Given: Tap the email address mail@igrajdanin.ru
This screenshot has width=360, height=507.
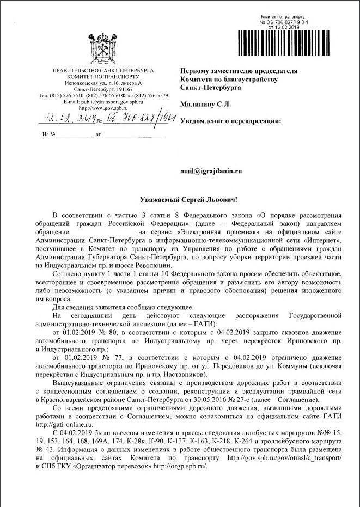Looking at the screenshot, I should click(211, 170).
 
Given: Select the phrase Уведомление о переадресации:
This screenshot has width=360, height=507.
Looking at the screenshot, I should click(231, 121).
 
